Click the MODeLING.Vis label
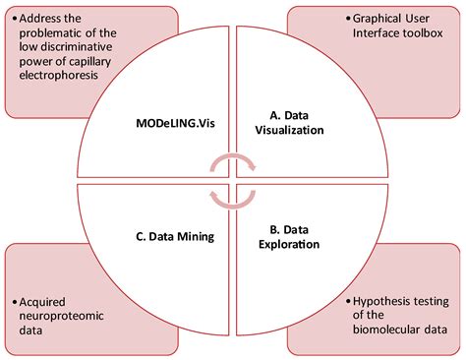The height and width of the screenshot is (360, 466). (170, 125)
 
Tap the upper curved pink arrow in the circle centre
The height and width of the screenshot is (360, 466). (231, 162)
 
